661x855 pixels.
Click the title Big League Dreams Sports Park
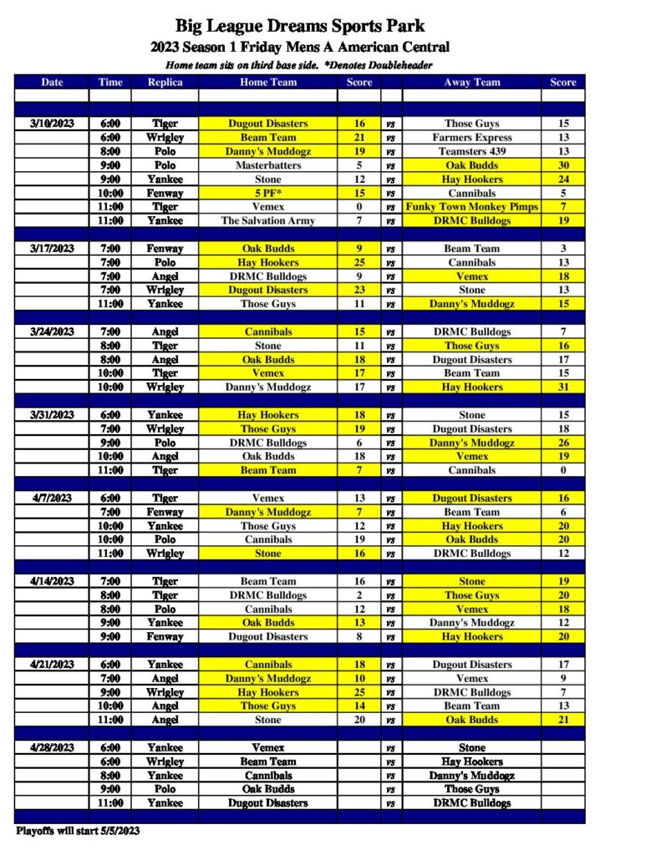click(300, 27)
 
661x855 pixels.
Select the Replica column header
click(165, 82)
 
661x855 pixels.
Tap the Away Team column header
click(472, 82)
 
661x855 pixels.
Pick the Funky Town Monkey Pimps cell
click(472, 206)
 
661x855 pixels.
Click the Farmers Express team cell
click(472, 137)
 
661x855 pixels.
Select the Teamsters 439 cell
click(472, 151)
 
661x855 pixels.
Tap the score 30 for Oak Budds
click(563, 165)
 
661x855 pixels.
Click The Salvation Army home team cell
click(268, 220)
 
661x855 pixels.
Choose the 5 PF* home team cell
click(268, 193)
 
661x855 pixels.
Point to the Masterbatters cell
click(268, 165)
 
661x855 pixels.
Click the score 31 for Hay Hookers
click(563, 387)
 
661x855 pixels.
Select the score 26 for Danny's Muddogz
click(563, 443)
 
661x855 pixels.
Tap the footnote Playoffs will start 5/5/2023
click(78, 831)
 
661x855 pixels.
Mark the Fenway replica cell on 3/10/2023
click(165, 193)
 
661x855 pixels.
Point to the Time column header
click(109, 82)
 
